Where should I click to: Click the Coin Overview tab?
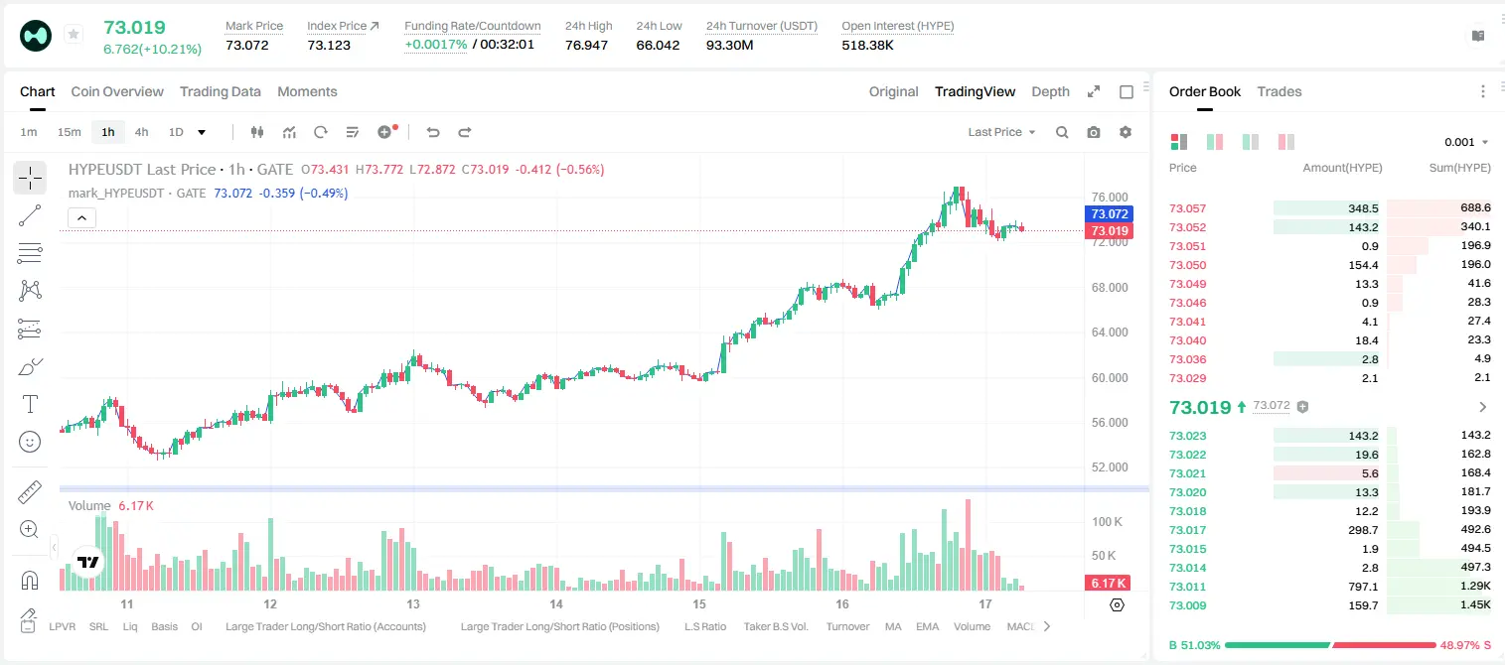point(117,91)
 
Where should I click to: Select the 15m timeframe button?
point(70,132)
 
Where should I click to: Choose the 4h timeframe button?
point(141,132)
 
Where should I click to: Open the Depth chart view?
point(1050,91)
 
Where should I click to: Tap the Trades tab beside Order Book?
point(1279,91)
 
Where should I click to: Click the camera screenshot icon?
point(1094,132)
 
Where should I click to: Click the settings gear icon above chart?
point(1126,132)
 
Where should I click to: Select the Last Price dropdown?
point(1001,132)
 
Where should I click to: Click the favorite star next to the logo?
point(74,34)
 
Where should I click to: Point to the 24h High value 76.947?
point(586,45)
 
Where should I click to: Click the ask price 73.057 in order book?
point(1187,208)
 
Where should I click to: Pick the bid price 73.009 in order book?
point(1187,605)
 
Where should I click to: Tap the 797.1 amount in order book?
point(1363,587)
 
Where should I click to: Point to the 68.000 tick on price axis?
point(1110,287)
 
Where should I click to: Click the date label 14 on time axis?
point(556,603)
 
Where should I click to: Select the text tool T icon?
point(30,404)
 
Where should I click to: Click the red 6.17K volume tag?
point(1108,583)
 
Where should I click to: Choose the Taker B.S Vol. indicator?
point(775,626)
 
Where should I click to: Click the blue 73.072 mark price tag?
point(1110,214)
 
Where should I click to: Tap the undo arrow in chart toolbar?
point(433,132)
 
